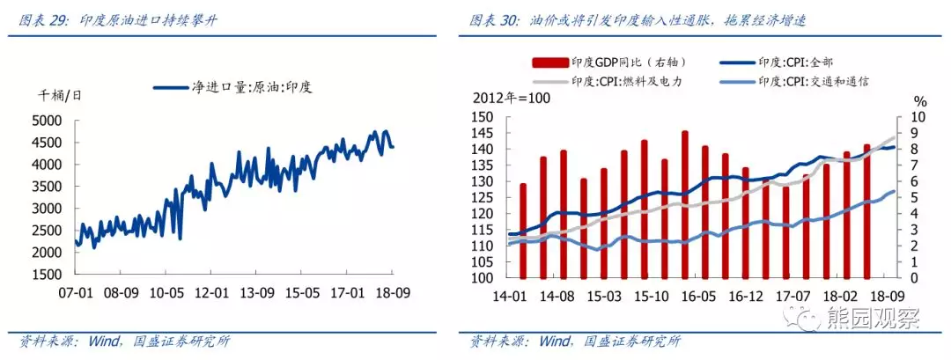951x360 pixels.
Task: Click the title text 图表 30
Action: (x=493, y=20)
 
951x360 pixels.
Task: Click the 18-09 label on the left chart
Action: (x=394, y=293)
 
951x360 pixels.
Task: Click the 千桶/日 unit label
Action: (x=60, y=95)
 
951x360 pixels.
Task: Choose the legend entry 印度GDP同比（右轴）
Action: (x=611, y=62)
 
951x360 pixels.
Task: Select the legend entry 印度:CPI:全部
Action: (x=778, y=62)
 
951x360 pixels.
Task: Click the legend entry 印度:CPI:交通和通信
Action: (x=794, y=81)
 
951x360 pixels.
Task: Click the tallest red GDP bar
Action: (x=685, y=204)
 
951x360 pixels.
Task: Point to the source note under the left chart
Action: (x=124, y=342)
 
